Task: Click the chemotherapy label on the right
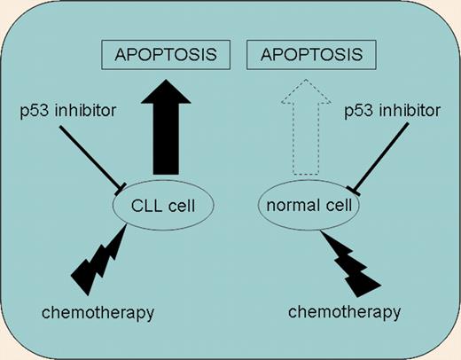[346, 311]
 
